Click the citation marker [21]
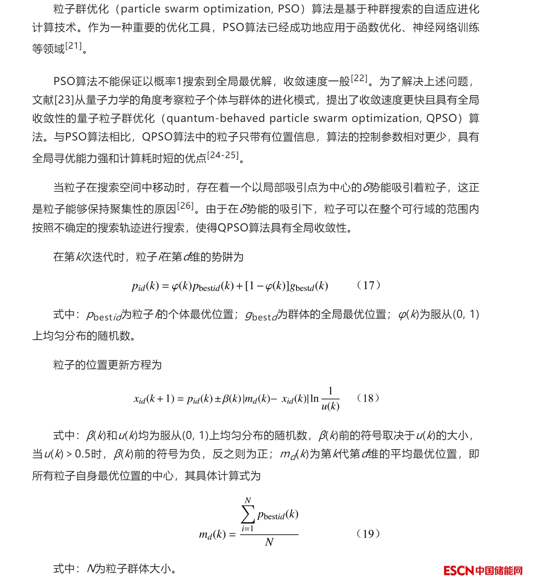74,46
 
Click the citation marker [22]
359,79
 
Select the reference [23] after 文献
64,100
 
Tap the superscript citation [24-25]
223,155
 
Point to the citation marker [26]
185,206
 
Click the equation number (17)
368,285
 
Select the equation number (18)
368,398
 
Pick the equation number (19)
368,534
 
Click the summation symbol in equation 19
248,514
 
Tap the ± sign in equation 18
218,399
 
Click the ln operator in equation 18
314,399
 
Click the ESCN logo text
458,570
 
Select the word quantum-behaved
214,119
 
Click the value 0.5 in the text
83,454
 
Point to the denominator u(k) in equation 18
330,406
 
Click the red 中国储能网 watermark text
499,570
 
